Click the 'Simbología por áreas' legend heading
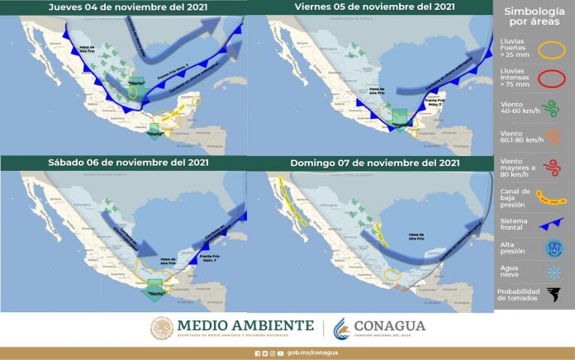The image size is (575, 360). point(534,17)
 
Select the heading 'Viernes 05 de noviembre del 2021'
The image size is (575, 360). point(374,7)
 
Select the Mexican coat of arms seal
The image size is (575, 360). point(162,328)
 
